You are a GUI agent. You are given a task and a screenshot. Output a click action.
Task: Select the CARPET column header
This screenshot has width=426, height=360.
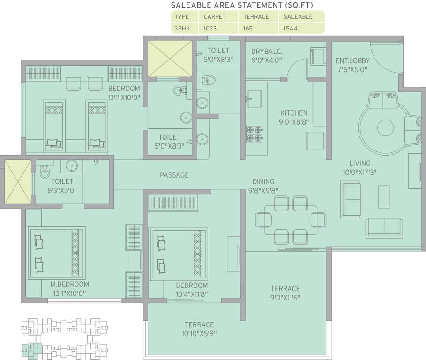[x=215, y=16]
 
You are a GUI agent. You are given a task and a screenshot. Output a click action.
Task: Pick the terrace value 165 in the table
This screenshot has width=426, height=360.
[x=248, y=28]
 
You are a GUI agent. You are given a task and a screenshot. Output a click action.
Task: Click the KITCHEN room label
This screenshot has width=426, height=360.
[x=294, y=113]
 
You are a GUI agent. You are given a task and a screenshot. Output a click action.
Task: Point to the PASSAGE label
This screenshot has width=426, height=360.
[x=174, y=175]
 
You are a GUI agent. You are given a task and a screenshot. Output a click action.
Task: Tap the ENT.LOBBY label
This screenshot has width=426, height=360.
[x=352, y=60]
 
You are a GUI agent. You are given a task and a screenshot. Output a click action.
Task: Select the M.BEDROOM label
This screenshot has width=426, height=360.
[x=70, y=284]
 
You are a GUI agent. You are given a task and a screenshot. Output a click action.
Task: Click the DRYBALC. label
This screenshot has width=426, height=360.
[x=267, y=51]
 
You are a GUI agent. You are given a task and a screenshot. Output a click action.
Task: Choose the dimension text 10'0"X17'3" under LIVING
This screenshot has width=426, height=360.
[x=359, y=172]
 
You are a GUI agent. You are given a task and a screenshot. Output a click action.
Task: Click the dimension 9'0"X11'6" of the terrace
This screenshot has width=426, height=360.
[x=285, y=298]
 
